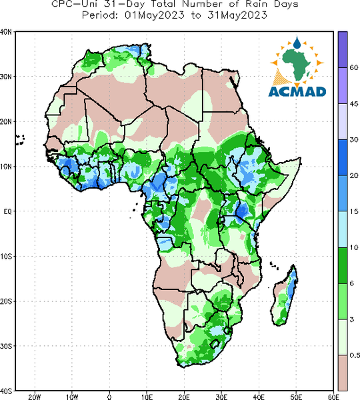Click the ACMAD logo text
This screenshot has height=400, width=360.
pos(297,91)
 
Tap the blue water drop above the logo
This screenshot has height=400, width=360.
pos(297,43)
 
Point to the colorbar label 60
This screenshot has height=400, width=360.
pos(354,67)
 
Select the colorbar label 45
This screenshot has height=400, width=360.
pos(354,104)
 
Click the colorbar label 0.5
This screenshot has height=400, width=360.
pos(355,355)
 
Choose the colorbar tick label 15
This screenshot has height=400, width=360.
pos(354,211)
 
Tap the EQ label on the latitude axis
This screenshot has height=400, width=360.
pos(7,211)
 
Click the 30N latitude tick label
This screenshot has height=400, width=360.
pos(6,77)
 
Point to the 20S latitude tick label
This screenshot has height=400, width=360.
pos(6,301)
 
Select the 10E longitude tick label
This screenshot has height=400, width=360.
pos(147,397)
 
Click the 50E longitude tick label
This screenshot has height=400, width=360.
pos(296,397)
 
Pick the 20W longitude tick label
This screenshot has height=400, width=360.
pos(35,397)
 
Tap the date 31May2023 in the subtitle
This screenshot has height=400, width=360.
pos(237,15)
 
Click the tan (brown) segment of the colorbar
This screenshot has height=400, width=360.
pos(343,373)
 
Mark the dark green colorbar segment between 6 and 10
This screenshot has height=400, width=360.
pos(343,265)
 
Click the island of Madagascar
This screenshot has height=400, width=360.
pos(285,296)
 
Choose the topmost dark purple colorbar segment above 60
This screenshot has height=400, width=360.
pos(343,49)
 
